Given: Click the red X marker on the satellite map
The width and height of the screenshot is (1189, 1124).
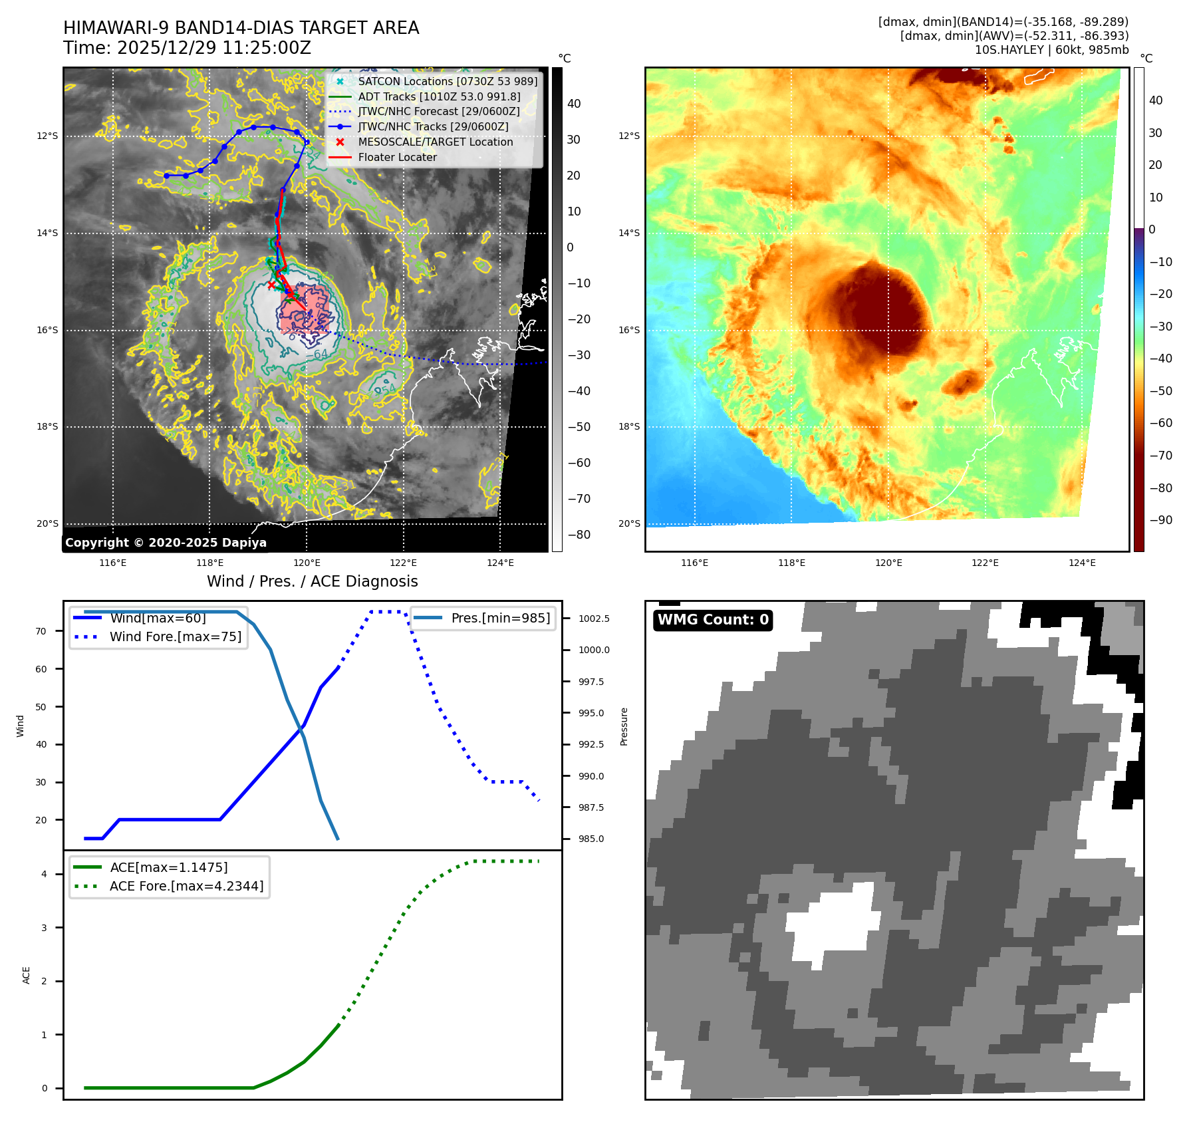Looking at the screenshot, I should (x=271, y=285).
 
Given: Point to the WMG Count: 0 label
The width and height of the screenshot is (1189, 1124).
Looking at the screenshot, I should (x=713, y=620).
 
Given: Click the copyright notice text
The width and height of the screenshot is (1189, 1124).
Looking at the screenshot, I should (x=166, y=543).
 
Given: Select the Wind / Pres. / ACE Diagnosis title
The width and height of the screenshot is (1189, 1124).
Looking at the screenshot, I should (x=312, y=582).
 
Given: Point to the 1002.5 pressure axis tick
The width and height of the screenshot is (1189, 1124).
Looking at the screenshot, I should (x=593, y=619).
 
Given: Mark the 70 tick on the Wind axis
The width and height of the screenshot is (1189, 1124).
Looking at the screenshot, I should (x=41, y=632).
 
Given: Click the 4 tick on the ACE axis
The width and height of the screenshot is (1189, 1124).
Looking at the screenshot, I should (x=44, y=875).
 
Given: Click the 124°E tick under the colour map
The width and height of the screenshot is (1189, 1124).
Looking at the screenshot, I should (x=1082, y=563).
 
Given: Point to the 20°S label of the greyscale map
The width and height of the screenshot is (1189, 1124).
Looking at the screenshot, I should (x=47, y=524).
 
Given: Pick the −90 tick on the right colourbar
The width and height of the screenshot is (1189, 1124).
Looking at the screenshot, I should (x=1160, y=521).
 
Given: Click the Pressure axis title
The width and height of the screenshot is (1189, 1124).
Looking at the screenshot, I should (x=624, y=726).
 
